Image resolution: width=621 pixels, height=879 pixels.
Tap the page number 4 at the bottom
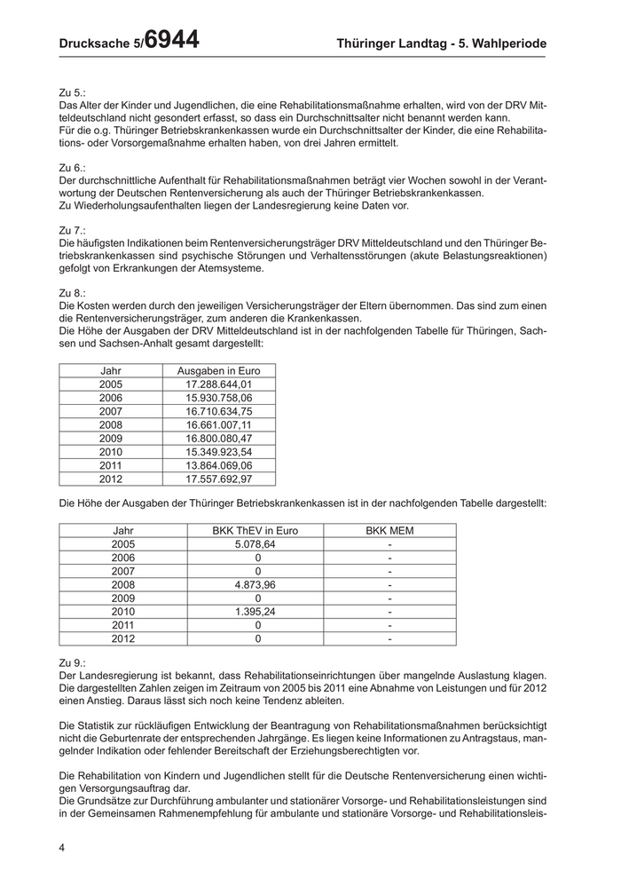62,848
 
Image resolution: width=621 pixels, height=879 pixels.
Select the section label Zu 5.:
72,91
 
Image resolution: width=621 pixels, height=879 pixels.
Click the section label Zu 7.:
72,229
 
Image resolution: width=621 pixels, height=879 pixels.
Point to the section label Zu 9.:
72,662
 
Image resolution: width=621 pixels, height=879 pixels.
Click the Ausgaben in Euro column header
219,370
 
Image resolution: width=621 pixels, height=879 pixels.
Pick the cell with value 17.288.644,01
219,384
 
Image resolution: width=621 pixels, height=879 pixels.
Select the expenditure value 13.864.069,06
219,464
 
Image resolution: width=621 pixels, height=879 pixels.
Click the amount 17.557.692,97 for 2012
219,479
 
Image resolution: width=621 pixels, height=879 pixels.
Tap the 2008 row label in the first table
111,424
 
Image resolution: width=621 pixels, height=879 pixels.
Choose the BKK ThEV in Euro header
255,531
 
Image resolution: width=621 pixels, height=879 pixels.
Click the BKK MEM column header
389,531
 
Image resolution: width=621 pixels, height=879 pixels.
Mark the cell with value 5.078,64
255,544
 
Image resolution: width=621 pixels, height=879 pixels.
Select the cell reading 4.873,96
255,585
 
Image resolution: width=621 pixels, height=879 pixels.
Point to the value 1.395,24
255,612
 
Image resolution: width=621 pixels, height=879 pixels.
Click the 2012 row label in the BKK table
123,638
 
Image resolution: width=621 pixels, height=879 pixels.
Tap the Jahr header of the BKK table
123,531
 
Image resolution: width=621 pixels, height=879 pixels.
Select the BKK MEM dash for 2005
390,544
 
